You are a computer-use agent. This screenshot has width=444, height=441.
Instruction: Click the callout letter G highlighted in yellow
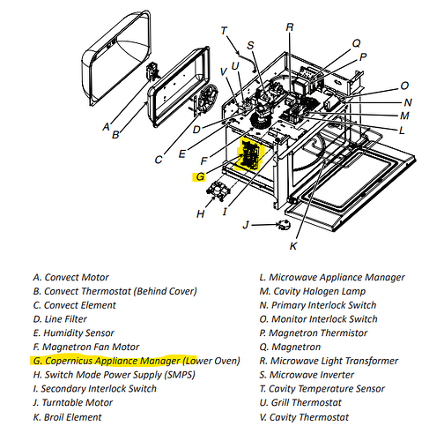click(x=200, y=176)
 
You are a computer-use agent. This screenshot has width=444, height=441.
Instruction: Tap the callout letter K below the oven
click(x=293, y=246)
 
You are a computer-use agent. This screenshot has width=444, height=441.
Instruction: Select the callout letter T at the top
click(x=224, y=31)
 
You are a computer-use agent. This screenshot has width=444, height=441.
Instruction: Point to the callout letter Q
click(x=356, y=43)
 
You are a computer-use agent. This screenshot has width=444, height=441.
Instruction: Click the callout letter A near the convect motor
click(x=106, y=127)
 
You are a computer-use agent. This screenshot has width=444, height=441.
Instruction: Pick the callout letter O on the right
click(x=404, y=86)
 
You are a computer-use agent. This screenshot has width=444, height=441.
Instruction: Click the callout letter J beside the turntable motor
click(x=246, y=225)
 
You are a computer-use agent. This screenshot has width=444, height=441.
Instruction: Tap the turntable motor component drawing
click(x=284, y=225)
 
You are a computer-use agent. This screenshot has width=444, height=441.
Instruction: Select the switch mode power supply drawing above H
click(x=218, y=191)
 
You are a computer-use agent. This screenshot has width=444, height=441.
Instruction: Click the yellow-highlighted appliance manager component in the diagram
click(x=250, y=154)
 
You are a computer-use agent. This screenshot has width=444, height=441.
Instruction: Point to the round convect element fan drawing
click(x=208, y=98)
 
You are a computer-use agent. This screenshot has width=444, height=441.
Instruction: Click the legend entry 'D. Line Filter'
click(x=60, y=319)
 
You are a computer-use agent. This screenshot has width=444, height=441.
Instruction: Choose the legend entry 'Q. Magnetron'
click(x=290, y=347)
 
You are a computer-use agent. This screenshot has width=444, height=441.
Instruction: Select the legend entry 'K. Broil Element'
click(x=68, y=417)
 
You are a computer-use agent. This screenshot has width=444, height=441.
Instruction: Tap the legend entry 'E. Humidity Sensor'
click(x=74, y=333)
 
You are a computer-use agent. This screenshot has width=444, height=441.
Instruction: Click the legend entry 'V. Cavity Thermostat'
click(x=304, y=417)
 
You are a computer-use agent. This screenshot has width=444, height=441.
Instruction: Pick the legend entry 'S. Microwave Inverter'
click(x=307, y=375)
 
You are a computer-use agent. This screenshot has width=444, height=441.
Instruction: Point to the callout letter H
click(x=200, y=214)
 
